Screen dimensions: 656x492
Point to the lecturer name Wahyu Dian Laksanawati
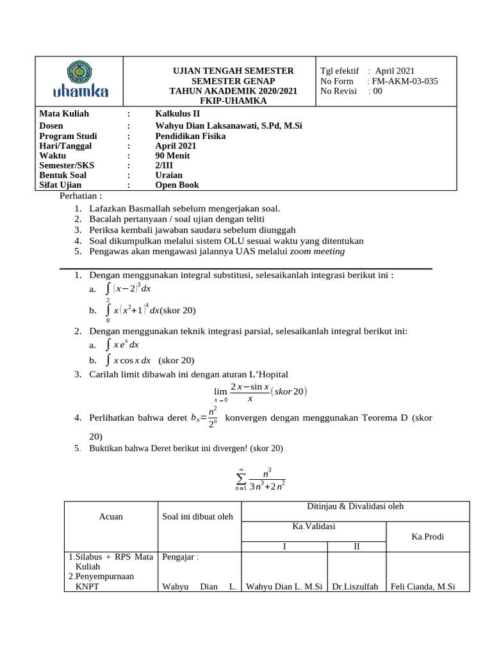[x=228, y=126]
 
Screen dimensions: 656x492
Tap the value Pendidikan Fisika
[x=190, y=136]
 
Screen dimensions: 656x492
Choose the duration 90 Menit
[x=172, y=156]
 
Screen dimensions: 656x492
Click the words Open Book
[x=177, y=185]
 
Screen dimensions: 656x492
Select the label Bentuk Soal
[x=63, y=175]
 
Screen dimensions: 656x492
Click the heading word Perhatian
[x=80, y=195]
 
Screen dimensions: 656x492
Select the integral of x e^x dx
[x=122, y=345]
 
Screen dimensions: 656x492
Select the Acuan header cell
[x=111, y=516]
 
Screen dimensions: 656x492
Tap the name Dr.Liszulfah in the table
[x=356, y=586]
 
